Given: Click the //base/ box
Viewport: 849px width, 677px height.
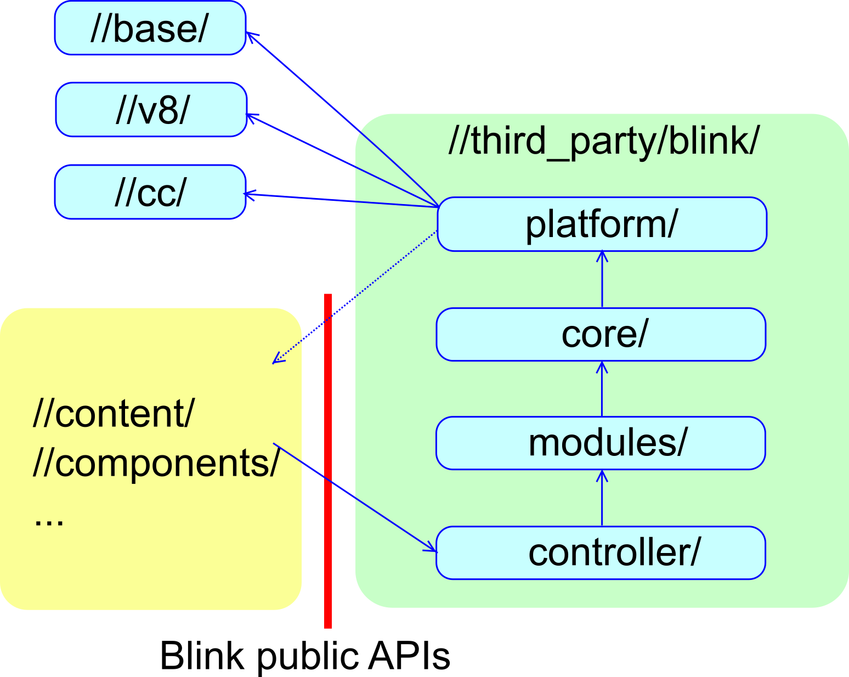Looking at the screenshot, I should (150, 28).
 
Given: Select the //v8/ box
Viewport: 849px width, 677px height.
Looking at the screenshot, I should (151, 110).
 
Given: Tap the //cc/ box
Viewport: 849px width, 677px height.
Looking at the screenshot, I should (150, 192).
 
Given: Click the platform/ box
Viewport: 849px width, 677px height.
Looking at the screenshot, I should (602, 224).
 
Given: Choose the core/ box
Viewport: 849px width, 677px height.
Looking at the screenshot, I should (601, 334).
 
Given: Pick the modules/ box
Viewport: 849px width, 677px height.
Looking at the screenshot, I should (601, 443).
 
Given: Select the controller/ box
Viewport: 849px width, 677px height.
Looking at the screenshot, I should (601, 552).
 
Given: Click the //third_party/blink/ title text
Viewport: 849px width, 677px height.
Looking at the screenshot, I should (604, 141).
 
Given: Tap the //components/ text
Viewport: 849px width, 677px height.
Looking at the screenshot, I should (156, 462).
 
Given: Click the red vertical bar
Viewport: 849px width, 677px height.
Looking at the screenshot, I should (328, 461).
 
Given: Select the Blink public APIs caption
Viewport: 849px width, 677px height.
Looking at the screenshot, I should (305, 656).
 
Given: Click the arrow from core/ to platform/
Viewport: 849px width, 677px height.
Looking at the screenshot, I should (602, 280).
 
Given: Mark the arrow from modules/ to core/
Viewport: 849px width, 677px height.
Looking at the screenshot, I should (602, 389).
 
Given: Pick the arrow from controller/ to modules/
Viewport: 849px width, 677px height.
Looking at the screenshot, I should (602, 498).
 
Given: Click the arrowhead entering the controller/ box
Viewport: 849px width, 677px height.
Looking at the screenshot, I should (430, 548).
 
